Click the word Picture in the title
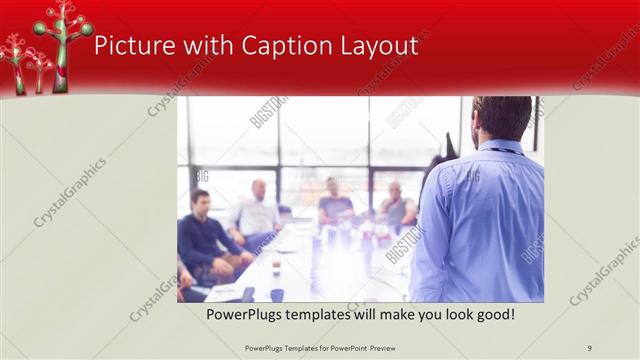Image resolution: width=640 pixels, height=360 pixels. point(128,46)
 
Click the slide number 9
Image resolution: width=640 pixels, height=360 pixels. point(589,348)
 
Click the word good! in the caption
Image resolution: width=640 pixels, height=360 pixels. point(495,314)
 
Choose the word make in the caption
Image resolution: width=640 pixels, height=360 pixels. point(389,314)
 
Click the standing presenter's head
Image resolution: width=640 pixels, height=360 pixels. point(502,118)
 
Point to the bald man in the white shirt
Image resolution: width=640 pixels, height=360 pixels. point(258,210)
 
